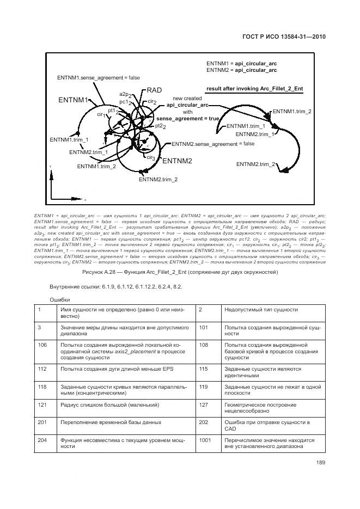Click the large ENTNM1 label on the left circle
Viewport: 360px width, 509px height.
pyautogui.click(x=73, y=101)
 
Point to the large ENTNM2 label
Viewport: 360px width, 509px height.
pyautogui.click(x=177, y=161)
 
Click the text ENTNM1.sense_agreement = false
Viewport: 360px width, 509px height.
pyautogui.click(x=99, y=78)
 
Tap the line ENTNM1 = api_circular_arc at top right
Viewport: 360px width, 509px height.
pyautogui.click(x=241, y=63)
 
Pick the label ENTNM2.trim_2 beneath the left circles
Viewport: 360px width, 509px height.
pyautogui.click(x=158, y=179)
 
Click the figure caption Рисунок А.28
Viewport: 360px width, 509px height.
pyautogui.click(x=180, y=272)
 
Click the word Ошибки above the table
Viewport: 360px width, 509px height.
pyautogui.click(x=60, y=299)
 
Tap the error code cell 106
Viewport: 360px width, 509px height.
pyautogui.click(x=42, y=345)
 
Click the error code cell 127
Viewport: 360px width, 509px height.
pyautogui.click(x=203, y=405)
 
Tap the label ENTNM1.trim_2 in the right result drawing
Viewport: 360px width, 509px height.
pyautogui.click(x=292, y=112)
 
